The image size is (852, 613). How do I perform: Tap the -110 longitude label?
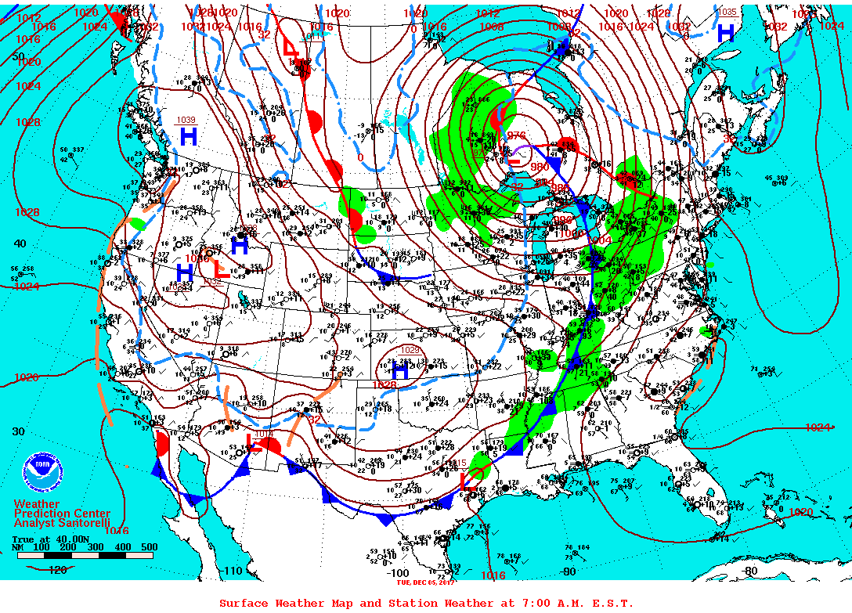click(x=232, y=572)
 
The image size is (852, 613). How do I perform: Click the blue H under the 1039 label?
click(x=189, y=137)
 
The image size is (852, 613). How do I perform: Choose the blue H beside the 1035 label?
click(x=726, y=33)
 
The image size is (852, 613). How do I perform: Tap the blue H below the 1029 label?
click(x=400, y=373)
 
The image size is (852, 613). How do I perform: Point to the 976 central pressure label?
click(x=517, y=135)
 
